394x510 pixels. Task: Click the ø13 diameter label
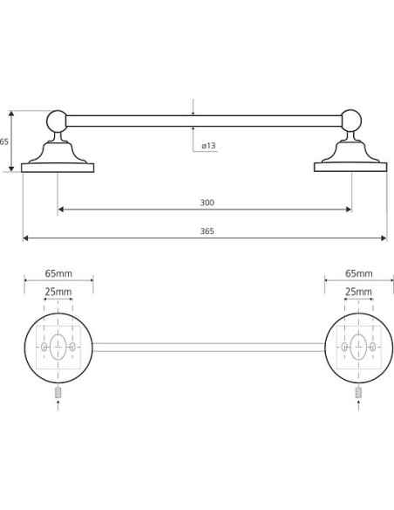(208, 145)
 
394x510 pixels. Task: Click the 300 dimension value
(207, 203)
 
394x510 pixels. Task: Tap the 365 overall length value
(207, 231)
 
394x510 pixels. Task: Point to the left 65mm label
(58, 273)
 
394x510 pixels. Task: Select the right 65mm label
(358, 273)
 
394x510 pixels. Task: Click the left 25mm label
(58, 292)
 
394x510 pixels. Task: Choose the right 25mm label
(358, 292)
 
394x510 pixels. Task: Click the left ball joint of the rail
(57, 121)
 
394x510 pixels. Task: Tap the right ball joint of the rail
(351, 121)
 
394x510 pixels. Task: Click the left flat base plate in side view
(58, 168)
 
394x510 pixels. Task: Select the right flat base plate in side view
(350, 167)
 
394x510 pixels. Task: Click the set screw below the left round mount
(58, 393)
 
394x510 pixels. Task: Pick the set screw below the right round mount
(358, 393)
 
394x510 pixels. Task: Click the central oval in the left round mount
(58, 347)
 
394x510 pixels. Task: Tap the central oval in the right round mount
(358, 347)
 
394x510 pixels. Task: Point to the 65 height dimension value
(3, 141)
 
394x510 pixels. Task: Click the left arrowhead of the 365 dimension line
(25, 238)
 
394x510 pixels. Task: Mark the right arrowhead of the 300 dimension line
(349, 210)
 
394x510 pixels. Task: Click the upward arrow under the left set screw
(58, 405)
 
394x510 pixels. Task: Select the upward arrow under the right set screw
(358, 405)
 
